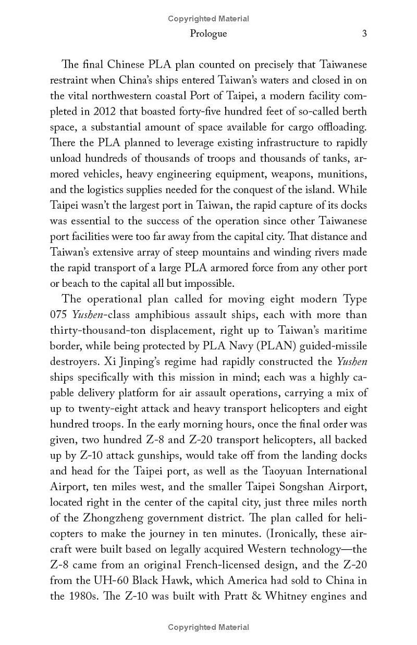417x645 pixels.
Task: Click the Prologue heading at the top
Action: [208, 34]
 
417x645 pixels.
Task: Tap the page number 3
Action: [364, 34]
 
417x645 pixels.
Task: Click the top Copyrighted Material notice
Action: [208, 19]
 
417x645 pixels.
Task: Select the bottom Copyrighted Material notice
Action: [208, 627]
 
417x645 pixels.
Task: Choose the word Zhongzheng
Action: [112, 518]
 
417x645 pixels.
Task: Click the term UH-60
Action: [100, 580]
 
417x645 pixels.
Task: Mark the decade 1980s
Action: [83, 596]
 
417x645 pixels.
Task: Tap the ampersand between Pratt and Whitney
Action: [256, 596]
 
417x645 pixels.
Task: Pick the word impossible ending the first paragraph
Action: [208, 284]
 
